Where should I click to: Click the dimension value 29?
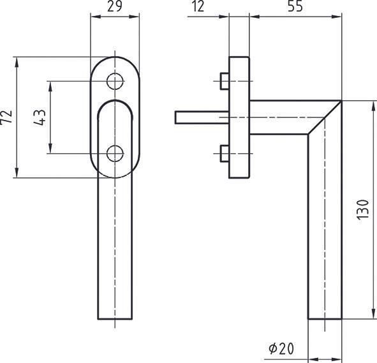(x=115, y=8)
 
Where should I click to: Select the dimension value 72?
(x=7, y=117)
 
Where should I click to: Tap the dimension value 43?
(x=40, y=117)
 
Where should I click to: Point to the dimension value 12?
(x=198, y=8)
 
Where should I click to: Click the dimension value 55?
(x=295, y=8)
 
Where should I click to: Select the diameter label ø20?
(x=281, y=349)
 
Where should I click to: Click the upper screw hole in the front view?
(x=115, y=82)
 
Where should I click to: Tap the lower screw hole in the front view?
(x=115, y=153)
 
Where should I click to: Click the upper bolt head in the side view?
(x=223, y=82)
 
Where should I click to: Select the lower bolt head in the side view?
(x=223, y=154)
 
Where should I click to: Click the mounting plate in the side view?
(x=238, y=117)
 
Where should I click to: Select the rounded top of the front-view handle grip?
(x=115, y=103)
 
